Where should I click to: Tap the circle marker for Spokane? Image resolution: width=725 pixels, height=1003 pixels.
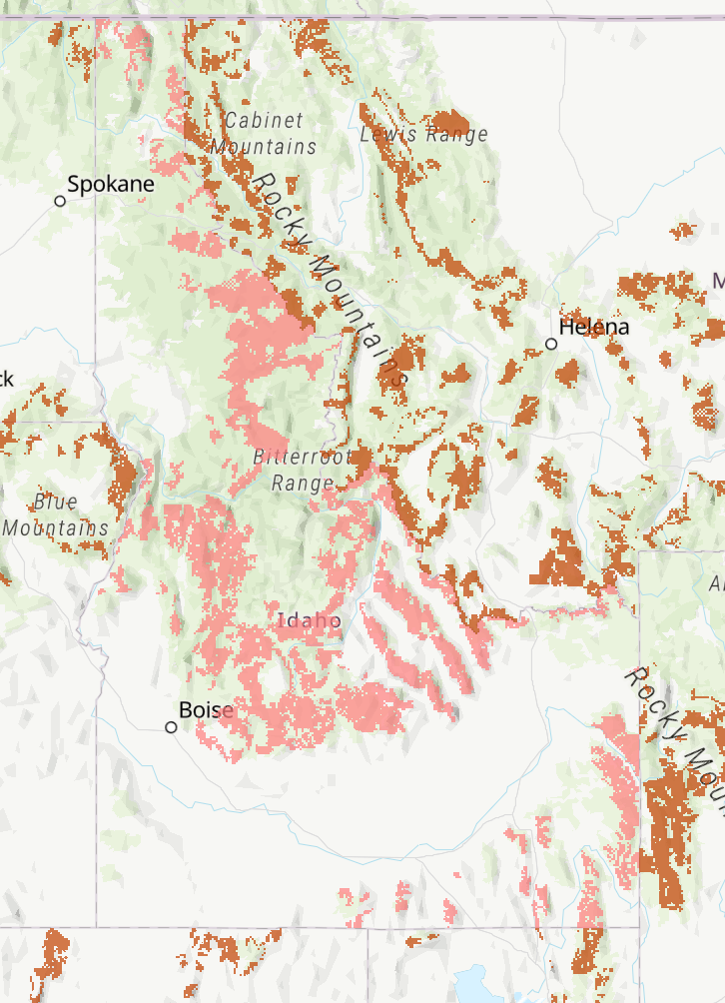60,201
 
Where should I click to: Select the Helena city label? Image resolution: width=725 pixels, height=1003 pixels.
594,328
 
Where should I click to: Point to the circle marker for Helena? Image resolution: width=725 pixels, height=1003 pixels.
551,344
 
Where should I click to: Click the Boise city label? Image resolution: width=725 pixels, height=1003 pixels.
206,710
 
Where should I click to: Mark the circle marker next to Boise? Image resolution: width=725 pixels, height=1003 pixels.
171,727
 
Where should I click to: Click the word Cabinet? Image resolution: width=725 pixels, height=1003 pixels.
264,121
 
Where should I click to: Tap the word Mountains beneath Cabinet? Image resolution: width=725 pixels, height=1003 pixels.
264,147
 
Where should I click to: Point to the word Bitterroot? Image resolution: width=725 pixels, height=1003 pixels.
299,458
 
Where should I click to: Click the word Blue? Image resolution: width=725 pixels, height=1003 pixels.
55,501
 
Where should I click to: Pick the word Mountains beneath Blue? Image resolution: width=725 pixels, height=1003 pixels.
56,527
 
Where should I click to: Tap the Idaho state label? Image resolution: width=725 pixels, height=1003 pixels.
310,621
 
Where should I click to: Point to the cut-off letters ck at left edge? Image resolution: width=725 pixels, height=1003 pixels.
6,379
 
